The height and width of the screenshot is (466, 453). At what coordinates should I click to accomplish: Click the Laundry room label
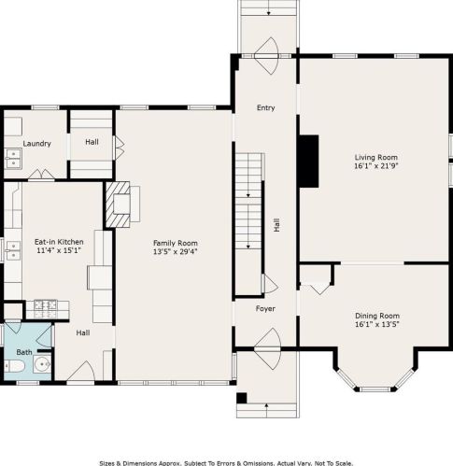[36, 144]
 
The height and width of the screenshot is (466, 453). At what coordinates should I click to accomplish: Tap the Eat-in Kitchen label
[59, 242]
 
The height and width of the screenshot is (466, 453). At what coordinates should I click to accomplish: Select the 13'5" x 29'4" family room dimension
[176, 251]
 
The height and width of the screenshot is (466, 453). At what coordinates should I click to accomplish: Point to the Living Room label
[376, 157]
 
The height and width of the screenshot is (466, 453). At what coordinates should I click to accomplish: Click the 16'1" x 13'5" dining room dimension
[377, 324]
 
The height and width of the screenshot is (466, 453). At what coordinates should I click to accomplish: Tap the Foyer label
[265, 308]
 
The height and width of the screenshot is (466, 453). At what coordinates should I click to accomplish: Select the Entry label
[265, 107]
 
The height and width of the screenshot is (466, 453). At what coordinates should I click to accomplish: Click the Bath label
[24, 352]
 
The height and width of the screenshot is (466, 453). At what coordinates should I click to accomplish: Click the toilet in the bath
[14, 366]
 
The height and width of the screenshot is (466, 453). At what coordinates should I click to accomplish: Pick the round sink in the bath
[42, 363]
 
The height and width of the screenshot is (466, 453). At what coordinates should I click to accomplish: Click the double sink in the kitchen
[13, 251]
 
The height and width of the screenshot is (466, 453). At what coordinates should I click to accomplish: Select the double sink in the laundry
[13, 159]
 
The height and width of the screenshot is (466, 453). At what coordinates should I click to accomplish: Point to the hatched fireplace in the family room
[118, 205]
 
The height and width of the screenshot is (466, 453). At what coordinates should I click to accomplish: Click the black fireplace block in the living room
[309, 162]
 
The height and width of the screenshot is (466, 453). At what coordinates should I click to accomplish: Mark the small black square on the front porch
[242, 398]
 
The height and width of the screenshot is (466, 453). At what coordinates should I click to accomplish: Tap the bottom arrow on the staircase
[248, 247]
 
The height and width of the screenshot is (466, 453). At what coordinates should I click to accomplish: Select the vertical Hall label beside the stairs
[276, 225]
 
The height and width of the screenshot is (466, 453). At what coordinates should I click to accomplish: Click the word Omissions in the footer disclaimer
[255, 463]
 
